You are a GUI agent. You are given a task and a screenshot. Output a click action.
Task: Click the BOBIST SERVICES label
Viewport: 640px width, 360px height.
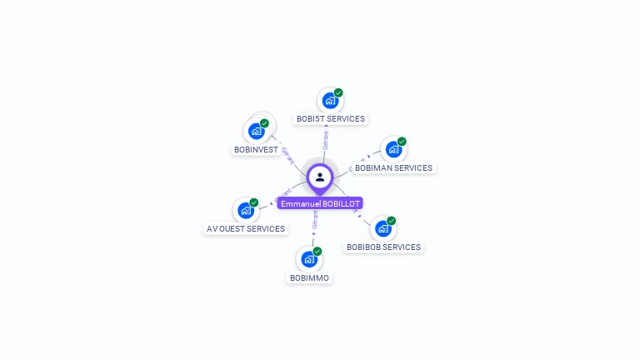click(331, 119)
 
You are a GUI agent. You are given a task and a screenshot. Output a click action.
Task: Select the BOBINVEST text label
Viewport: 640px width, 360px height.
click(256, 150)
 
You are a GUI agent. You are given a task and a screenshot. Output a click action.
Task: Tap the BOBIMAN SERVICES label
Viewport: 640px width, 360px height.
click(393, 168)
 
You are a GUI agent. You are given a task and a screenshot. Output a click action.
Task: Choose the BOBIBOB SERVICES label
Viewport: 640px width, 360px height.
click(383, 247)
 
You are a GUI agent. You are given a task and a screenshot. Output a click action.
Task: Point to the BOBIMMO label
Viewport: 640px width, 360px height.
click(309, 278)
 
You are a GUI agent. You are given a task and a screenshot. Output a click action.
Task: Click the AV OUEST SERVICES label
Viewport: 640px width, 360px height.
click(246, 229)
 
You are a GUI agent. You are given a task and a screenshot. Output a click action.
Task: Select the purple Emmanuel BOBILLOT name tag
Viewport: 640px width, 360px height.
click(320, 203)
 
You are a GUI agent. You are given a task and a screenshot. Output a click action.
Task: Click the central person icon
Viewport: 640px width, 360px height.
click(320, 177)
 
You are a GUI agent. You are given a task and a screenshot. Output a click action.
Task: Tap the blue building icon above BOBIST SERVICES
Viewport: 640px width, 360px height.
click(330, 101)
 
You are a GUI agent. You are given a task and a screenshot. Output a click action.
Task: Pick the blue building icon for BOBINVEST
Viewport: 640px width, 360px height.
click(257, 132)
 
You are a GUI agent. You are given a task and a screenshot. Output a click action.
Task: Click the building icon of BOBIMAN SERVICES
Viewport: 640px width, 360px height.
click(393, 150)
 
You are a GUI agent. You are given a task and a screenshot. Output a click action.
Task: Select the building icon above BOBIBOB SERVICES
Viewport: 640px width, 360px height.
click(382, 228)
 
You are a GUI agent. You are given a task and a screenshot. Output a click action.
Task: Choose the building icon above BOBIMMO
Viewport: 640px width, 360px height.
click(309, 259)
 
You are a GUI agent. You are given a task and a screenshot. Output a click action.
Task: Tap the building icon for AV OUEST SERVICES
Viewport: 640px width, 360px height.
click(246, 211)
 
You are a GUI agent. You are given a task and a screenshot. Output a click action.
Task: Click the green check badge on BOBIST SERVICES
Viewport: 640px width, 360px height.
click(338, 92)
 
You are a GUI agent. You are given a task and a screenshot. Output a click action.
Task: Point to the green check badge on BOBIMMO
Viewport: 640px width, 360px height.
click(317, 251)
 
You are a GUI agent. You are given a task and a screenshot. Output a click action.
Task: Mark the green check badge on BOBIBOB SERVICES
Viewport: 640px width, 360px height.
click(391, 220)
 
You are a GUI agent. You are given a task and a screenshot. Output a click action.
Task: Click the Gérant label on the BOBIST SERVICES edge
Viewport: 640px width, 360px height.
click(326, 139)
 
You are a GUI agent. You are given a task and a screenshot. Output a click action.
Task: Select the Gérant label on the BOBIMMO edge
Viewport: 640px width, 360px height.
click(315, 219)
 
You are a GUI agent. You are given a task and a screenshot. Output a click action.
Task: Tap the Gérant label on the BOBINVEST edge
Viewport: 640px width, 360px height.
click(287, 156)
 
